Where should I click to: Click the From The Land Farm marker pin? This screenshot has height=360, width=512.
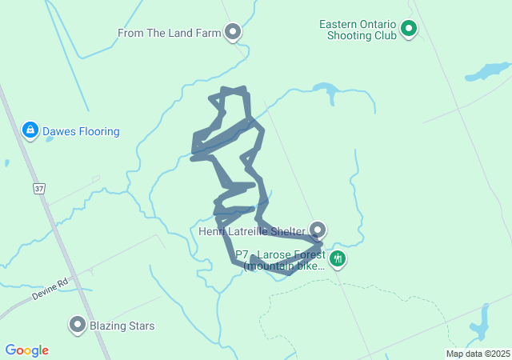click(233, 32)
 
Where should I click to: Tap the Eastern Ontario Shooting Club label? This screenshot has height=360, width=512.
click(358, 30)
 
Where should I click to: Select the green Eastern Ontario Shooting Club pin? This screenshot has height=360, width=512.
click(409, 30)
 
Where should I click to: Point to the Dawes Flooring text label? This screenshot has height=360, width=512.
click(81, 131)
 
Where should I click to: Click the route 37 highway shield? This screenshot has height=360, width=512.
click(38, 188)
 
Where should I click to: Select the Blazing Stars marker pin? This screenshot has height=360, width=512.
click(78, 324)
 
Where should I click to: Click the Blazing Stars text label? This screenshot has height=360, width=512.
click(122, 326)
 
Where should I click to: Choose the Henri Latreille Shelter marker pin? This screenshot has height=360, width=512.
click(318, 230)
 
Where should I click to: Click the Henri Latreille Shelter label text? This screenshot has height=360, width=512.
click(252, 232)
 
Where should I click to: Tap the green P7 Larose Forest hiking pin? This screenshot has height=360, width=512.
click(338, 258)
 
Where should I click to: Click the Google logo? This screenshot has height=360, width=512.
click(26, 350)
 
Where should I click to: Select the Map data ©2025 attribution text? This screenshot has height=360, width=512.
click(478, 354)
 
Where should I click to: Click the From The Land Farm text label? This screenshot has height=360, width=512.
click(168, 33)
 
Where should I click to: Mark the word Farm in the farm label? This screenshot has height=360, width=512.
click(206, 33)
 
